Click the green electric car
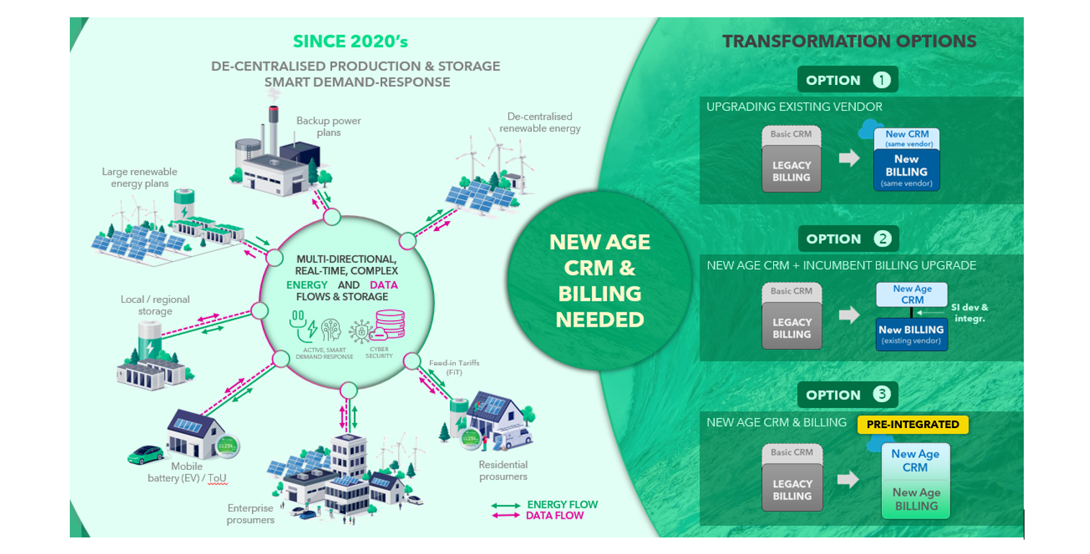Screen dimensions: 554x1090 145,454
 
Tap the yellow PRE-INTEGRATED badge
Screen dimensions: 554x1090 913,424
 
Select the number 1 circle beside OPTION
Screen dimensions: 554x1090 882,80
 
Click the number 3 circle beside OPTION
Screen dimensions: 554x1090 882,394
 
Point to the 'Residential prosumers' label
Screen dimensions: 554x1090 503,471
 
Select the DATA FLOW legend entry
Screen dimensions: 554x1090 554,515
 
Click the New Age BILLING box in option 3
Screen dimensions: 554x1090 916,499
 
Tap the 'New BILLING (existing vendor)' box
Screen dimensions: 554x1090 911,335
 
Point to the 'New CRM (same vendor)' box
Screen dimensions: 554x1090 906,138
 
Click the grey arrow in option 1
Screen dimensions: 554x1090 850,158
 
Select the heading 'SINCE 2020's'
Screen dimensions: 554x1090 350,42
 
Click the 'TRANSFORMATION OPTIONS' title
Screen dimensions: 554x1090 850,41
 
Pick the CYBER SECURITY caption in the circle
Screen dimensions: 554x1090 379,352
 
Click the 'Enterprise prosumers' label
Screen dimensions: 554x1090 251,514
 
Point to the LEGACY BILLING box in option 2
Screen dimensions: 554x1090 791,328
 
